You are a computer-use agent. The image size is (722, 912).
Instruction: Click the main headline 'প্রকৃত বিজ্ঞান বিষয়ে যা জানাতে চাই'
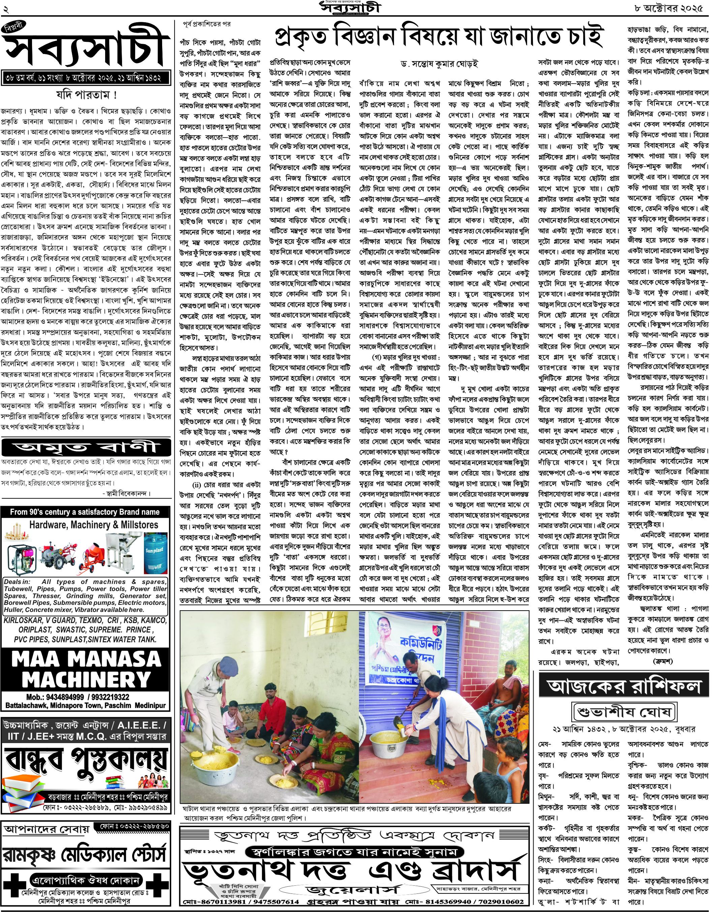tap(438, 37)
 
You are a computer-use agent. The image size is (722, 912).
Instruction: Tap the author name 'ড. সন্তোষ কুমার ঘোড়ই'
tap(440, 64)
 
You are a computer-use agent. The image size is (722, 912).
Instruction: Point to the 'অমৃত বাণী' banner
tap(86, 447)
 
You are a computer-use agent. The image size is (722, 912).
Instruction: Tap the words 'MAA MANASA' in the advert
tap(86, 659)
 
